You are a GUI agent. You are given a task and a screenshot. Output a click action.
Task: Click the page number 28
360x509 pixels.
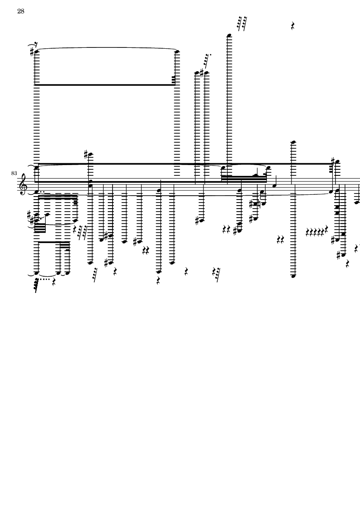21,12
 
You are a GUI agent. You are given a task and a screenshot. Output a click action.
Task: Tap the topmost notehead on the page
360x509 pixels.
229,35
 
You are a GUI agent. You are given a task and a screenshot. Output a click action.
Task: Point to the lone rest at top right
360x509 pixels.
293,26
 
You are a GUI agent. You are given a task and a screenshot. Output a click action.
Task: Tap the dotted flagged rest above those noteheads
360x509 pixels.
207,60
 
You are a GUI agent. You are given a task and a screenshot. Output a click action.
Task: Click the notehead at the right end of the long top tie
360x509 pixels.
177,52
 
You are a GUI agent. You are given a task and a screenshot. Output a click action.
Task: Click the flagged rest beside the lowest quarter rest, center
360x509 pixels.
216,274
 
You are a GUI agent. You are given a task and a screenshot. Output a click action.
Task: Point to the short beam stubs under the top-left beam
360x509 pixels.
173,79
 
